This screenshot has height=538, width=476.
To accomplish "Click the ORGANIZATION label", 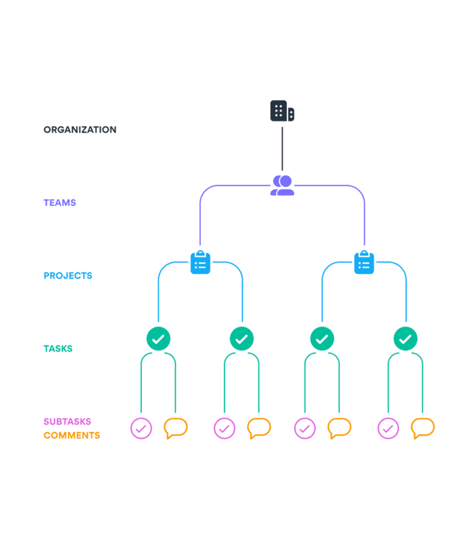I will coord(79,130).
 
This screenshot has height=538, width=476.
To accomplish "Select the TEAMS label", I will coord(59,203).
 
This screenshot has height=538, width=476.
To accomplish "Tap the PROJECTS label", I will coord(68,276).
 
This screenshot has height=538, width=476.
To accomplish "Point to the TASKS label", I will coord(58,349).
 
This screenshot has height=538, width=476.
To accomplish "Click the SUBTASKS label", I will coord(67,421).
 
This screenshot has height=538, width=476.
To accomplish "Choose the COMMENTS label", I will coord(71,436).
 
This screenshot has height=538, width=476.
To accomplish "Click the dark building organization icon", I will coord(282,111).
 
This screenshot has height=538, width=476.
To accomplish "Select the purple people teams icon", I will coord(282,185).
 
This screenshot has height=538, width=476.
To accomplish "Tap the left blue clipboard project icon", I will coord(200,262).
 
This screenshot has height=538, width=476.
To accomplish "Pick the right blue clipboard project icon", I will coord(364,262).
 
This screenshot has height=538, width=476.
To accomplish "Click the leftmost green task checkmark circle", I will coord(158,339).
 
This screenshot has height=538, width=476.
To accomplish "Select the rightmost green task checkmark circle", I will coord(405,339).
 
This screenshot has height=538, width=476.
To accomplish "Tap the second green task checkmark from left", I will coord(242,339).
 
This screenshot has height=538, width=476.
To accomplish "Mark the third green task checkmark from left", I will coord(322,339).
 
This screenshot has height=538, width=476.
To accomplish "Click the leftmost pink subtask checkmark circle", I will coord(141,428).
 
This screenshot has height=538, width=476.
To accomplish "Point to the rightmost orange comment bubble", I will coord(423,428).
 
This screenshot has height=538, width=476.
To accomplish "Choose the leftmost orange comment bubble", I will coord(175,428).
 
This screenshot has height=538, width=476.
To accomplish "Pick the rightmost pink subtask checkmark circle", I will coord(389,428).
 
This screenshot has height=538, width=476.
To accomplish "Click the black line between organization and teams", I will coord(282,149).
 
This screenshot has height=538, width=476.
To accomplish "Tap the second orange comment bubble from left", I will coord(258,428).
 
